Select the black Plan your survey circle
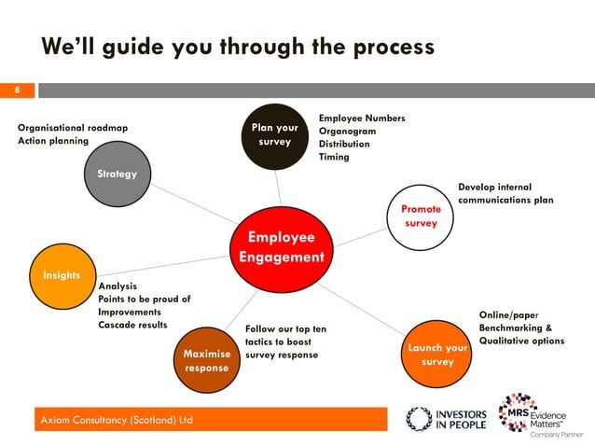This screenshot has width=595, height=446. coord(274,135)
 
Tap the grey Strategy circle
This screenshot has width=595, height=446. coord(118,174)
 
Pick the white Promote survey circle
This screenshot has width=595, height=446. coord(421,216)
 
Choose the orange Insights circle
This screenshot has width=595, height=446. coord(62,276)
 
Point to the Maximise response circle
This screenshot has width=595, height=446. coord(206,360)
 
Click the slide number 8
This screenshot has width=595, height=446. coord(17,91)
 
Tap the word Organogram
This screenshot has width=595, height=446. coord(348,132)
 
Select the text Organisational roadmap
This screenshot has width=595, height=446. coord(73,128)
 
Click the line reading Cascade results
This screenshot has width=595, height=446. coord(132,325)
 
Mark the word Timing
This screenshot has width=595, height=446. coord(334,157)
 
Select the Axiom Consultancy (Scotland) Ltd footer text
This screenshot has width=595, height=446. coord(116,420)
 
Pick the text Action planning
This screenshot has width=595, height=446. coord(53,141)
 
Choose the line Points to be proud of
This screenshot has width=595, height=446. coord(145,299)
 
